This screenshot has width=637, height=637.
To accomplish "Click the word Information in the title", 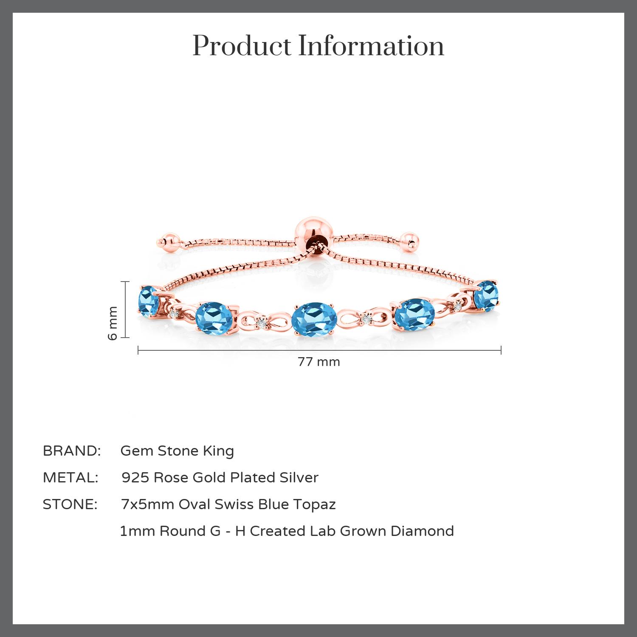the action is point(371,46).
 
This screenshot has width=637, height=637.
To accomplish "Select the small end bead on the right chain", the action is point(410,240).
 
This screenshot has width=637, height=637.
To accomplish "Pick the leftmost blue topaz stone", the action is point(148,301).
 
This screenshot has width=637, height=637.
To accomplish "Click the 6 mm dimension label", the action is point(113,323).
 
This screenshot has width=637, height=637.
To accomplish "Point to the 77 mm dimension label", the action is point(318,362).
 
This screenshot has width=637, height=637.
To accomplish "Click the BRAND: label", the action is point(72,451).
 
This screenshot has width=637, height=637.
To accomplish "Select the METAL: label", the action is point(70,477).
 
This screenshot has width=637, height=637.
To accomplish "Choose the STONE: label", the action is point(70,504).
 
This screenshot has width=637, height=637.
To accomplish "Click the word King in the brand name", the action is point(218,451).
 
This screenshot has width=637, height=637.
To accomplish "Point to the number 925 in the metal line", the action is point(135,477).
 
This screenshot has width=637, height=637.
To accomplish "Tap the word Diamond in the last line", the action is point(422,531).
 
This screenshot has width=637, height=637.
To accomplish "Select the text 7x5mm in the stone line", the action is point(148,504).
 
